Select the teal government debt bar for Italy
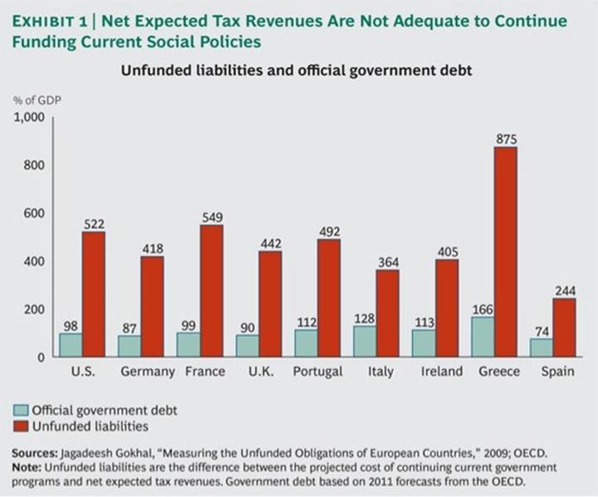click(x=364, y=341)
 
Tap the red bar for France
click(x=213, y=291)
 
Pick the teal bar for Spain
click(x=541, y=348)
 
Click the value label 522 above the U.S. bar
click(x=93, y=224)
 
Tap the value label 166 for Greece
click(x=483, y=309)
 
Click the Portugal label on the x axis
click(x=317, y=372)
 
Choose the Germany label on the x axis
click(x=148, y=372)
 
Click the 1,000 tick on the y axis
click(x=30, y=118)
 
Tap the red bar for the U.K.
click(x=271, y=304)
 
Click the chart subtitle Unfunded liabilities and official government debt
click(x=297, y=71)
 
